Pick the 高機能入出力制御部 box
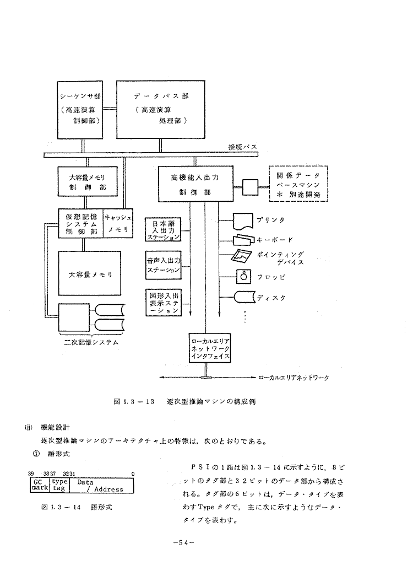[194, 183]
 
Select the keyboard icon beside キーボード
[243, 240]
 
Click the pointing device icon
[243, 257]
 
